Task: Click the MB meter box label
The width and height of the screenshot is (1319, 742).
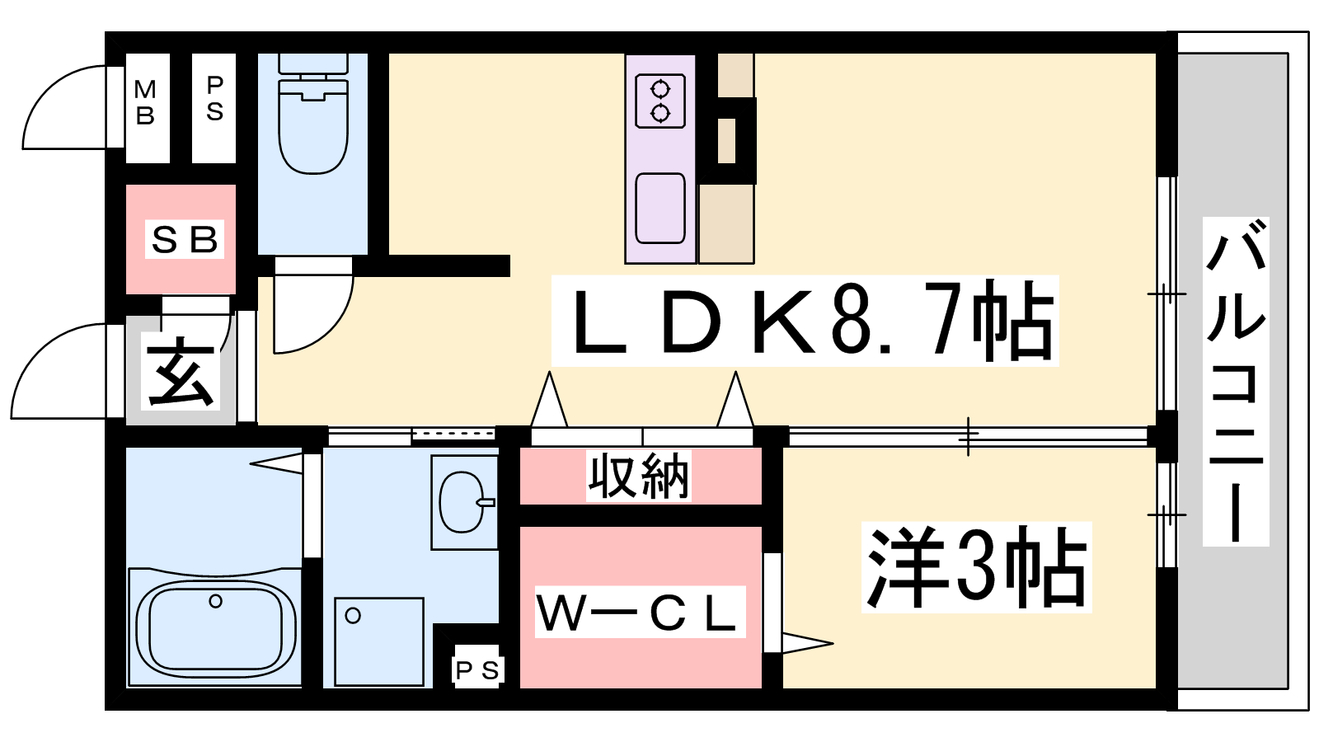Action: (x=145, y=102)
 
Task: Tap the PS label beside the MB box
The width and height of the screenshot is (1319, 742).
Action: (x=215, y=99)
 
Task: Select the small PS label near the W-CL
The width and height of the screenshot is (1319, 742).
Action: (x=477, y=670)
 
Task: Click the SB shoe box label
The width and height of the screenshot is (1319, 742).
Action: (x=185, y=240)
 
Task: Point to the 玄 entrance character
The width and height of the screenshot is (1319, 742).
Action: (x=180, y=372)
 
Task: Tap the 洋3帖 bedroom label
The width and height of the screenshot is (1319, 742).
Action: (x=976, y=566)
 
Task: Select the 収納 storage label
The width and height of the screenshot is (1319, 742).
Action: (x=639, y=476)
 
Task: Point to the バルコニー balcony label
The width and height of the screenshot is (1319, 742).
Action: (x=1236, y=380)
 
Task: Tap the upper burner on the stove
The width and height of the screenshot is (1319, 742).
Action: (x=660, y=90)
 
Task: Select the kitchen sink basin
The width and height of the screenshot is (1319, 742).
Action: (x=660, y=208)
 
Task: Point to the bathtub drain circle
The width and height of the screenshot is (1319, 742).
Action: (x=215, y=601)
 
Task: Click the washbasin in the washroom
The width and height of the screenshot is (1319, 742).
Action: (x=462, y=502)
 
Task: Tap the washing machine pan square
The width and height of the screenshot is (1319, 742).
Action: (x=379, y=642)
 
